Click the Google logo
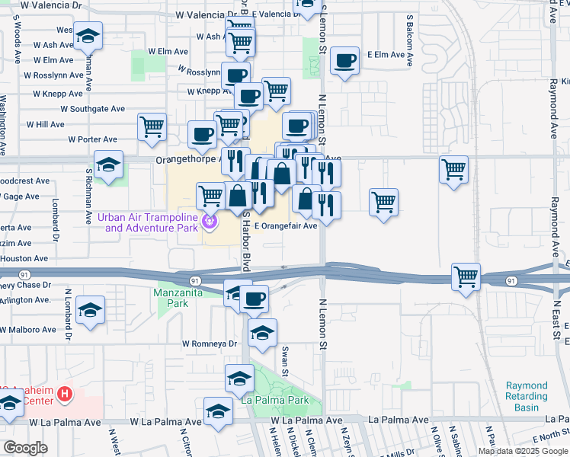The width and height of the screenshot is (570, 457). pos(25,448)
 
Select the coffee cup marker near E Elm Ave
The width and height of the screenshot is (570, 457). pos(345,61)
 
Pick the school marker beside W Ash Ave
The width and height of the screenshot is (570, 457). pos(88,36)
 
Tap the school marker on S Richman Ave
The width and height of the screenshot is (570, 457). pos(109,165)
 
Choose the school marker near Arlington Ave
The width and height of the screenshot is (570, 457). pos(90,310)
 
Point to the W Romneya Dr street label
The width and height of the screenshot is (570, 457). pos(209,344)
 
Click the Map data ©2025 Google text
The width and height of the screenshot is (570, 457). pos(523,451)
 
